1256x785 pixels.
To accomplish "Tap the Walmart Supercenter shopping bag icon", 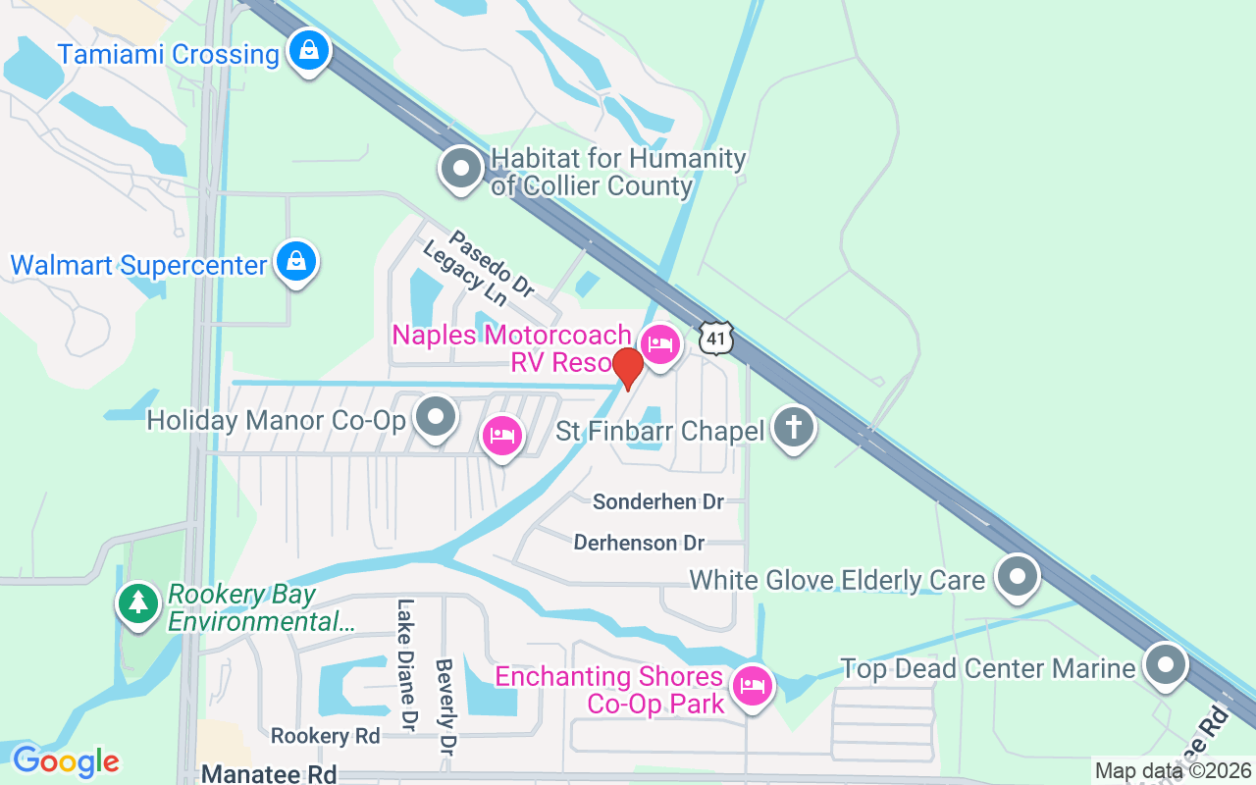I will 295,262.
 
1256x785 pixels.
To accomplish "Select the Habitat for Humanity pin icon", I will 461,169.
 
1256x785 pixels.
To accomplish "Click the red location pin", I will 627,367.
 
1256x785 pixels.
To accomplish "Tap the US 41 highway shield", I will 716,337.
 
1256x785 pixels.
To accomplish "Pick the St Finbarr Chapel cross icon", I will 794,429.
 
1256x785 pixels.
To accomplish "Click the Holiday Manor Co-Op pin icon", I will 436,418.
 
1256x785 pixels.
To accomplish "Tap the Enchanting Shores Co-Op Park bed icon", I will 752,685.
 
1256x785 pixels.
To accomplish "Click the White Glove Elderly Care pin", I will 1018,577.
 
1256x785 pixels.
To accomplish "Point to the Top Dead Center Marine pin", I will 1165,665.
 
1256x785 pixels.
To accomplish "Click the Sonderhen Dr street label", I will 658,502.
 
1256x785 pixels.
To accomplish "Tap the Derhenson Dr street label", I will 639,543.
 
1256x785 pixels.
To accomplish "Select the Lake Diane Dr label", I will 404,665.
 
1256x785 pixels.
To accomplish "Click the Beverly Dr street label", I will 446,706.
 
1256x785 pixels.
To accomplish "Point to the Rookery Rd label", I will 325,736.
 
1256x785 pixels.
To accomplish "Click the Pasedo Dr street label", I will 492,264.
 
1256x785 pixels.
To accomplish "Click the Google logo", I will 66,761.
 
